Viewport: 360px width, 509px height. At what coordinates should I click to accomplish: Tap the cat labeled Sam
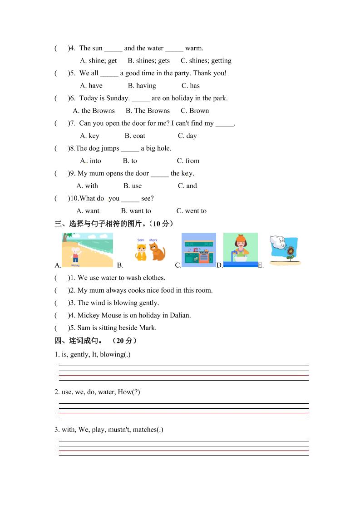141,252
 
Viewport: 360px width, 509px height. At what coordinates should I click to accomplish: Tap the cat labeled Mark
157,251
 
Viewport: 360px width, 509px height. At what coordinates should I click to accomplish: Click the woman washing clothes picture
240,250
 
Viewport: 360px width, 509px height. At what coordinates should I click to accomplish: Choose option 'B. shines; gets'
148,61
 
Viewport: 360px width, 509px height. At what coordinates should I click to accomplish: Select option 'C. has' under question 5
191,86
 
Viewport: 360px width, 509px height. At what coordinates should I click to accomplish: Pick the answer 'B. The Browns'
148,111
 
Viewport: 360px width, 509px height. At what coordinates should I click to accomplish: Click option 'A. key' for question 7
89,136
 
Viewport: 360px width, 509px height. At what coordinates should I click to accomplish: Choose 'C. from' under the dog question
188,161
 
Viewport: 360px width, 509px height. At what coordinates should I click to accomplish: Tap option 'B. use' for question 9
133,186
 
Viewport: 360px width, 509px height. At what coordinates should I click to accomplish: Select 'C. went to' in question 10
191,211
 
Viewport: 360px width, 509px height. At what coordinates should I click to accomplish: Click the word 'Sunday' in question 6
118,98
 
